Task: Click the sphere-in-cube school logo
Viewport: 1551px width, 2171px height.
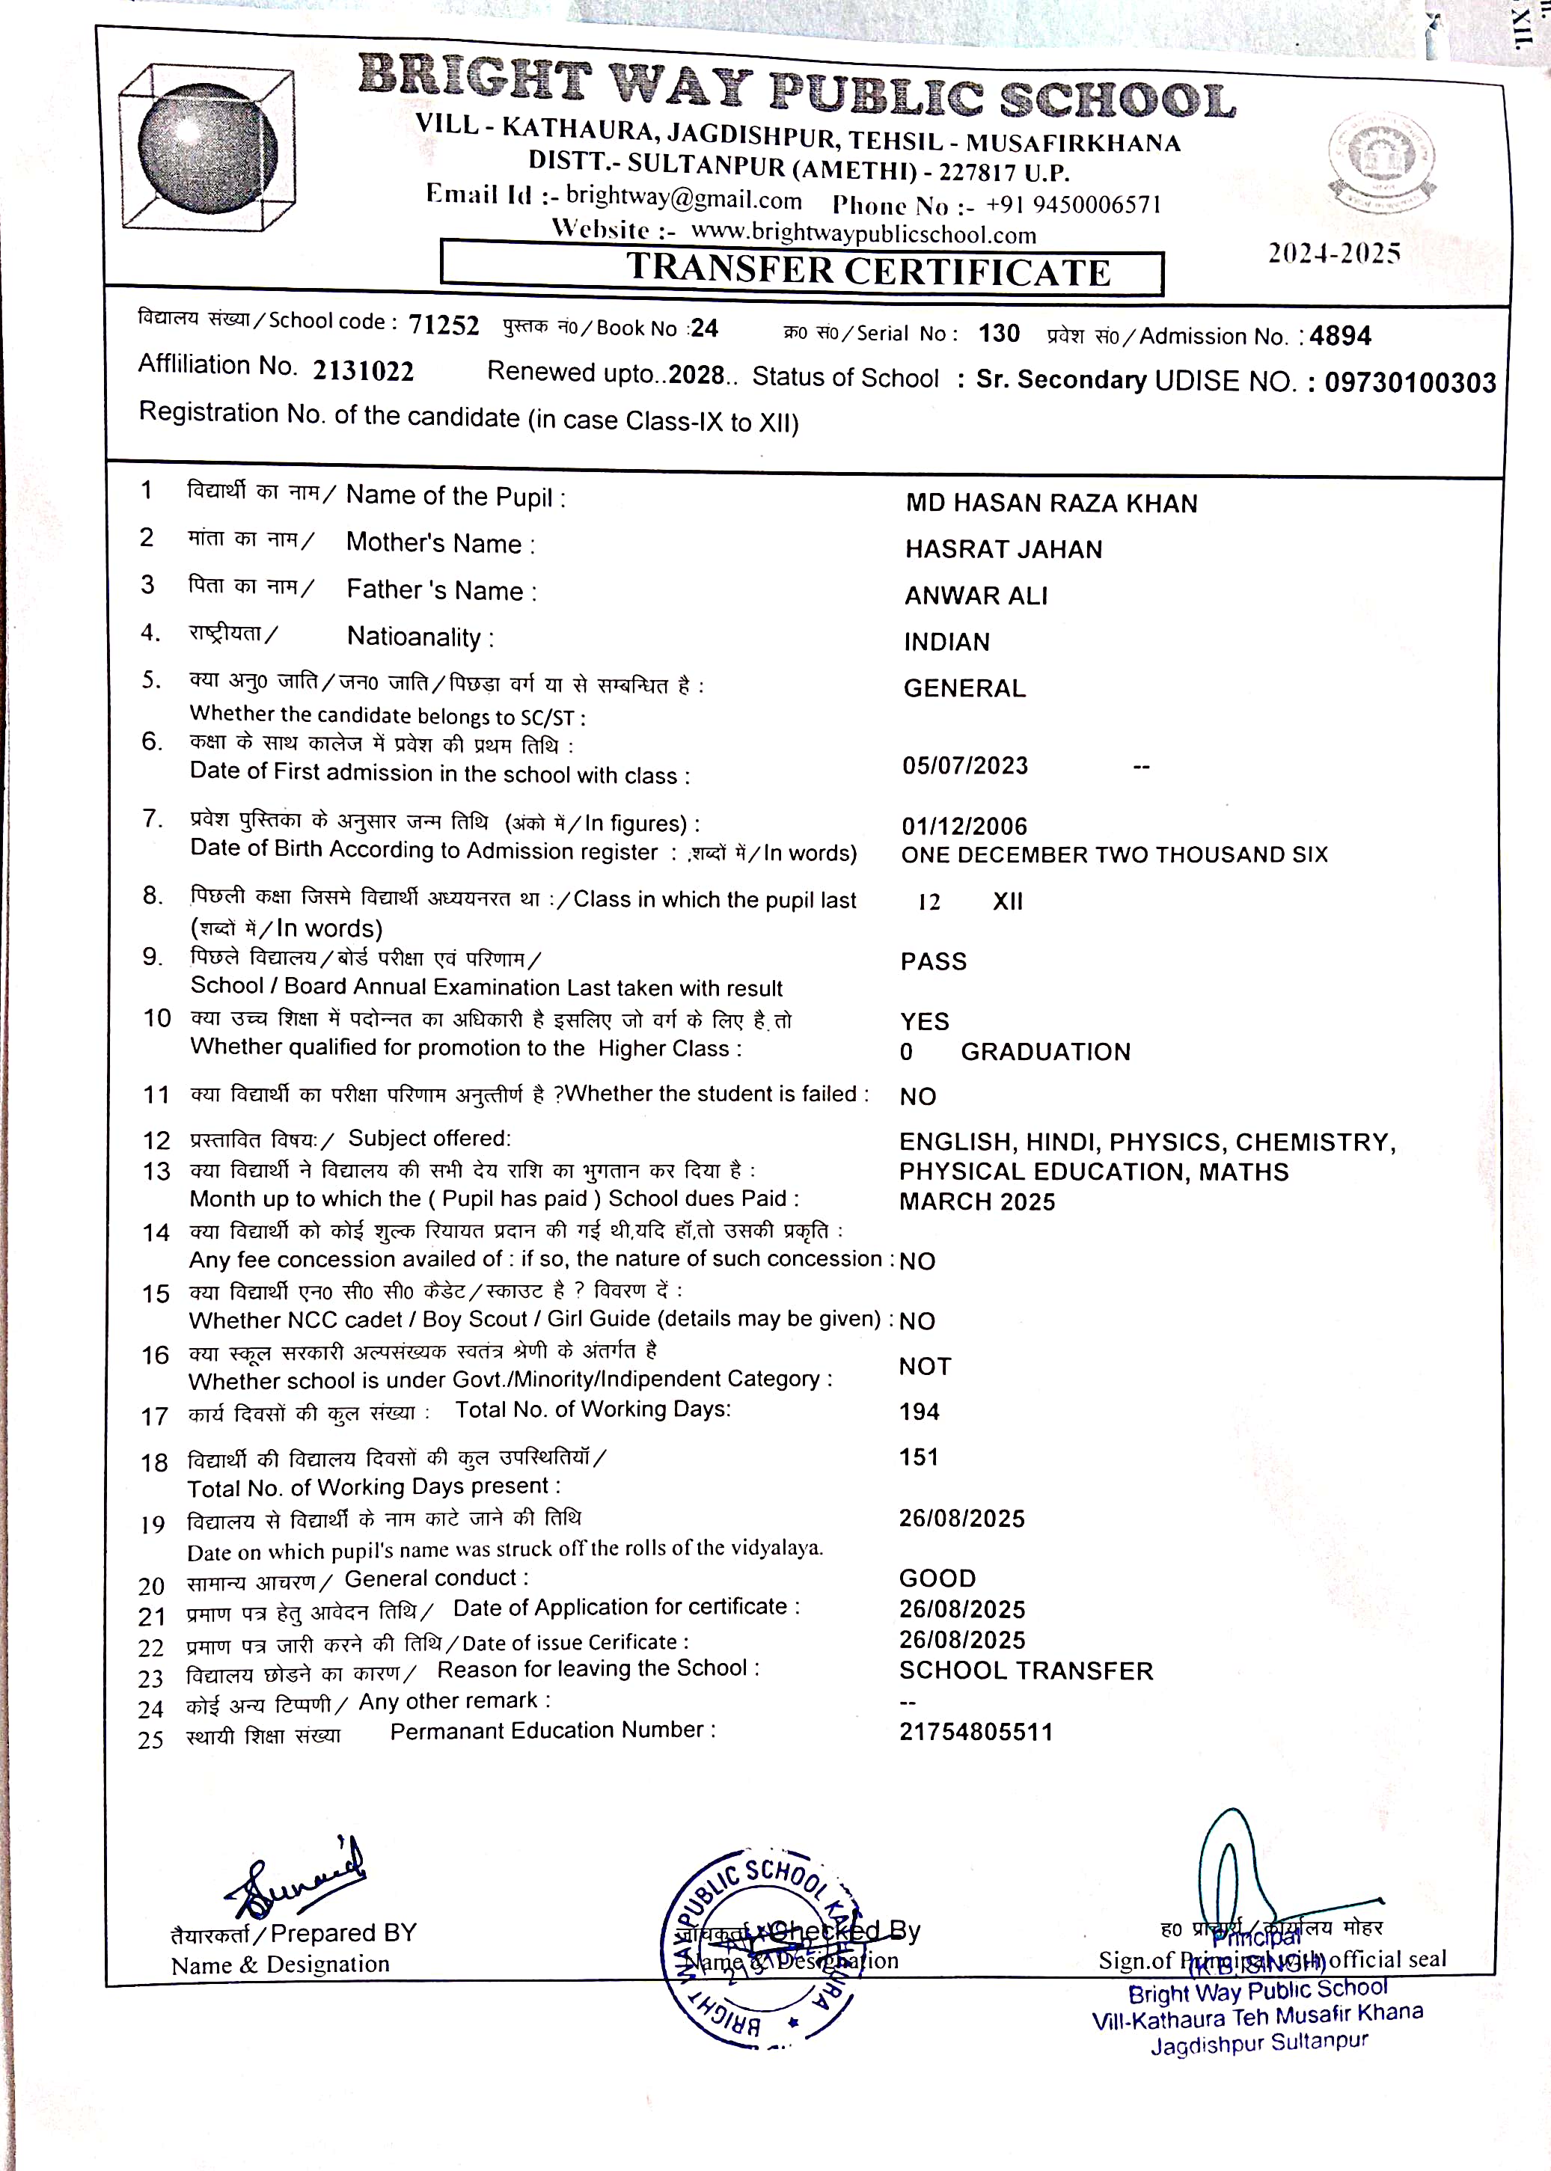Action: point(207,148)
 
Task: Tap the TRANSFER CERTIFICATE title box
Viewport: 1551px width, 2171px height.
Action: point(801,269)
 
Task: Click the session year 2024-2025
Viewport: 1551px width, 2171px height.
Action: point(1333,253)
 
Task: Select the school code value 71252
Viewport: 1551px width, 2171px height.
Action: point(443,325)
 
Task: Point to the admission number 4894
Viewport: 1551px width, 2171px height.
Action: point(1340,336)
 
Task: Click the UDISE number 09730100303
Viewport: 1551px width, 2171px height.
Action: point(1410,383)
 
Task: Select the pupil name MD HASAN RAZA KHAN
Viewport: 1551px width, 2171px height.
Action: point(1050,503)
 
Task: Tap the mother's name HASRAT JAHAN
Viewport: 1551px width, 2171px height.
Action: point(1003,549)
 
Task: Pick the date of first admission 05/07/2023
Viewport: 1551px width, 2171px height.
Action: point(964,765)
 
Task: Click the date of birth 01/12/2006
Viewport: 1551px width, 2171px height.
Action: point(964,826)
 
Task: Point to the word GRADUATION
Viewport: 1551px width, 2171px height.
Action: point(1044,1051)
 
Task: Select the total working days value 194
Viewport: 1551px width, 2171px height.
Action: point(919,1411)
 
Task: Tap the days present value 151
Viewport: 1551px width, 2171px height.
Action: point(918,1457)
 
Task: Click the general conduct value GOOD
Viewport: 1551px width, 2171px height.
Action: point(937,1579)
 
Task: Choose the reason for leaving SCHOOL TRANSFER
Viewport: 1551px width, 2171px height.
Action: point(1026,1671)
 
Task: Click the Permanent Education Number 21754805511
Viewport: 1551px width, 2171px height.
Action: point(975,1732)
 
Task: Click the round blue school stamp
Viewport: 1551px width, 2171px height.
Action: point(759,1947)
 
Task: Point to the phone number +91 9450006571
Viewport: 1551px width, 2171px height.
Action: point(1072,204)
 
